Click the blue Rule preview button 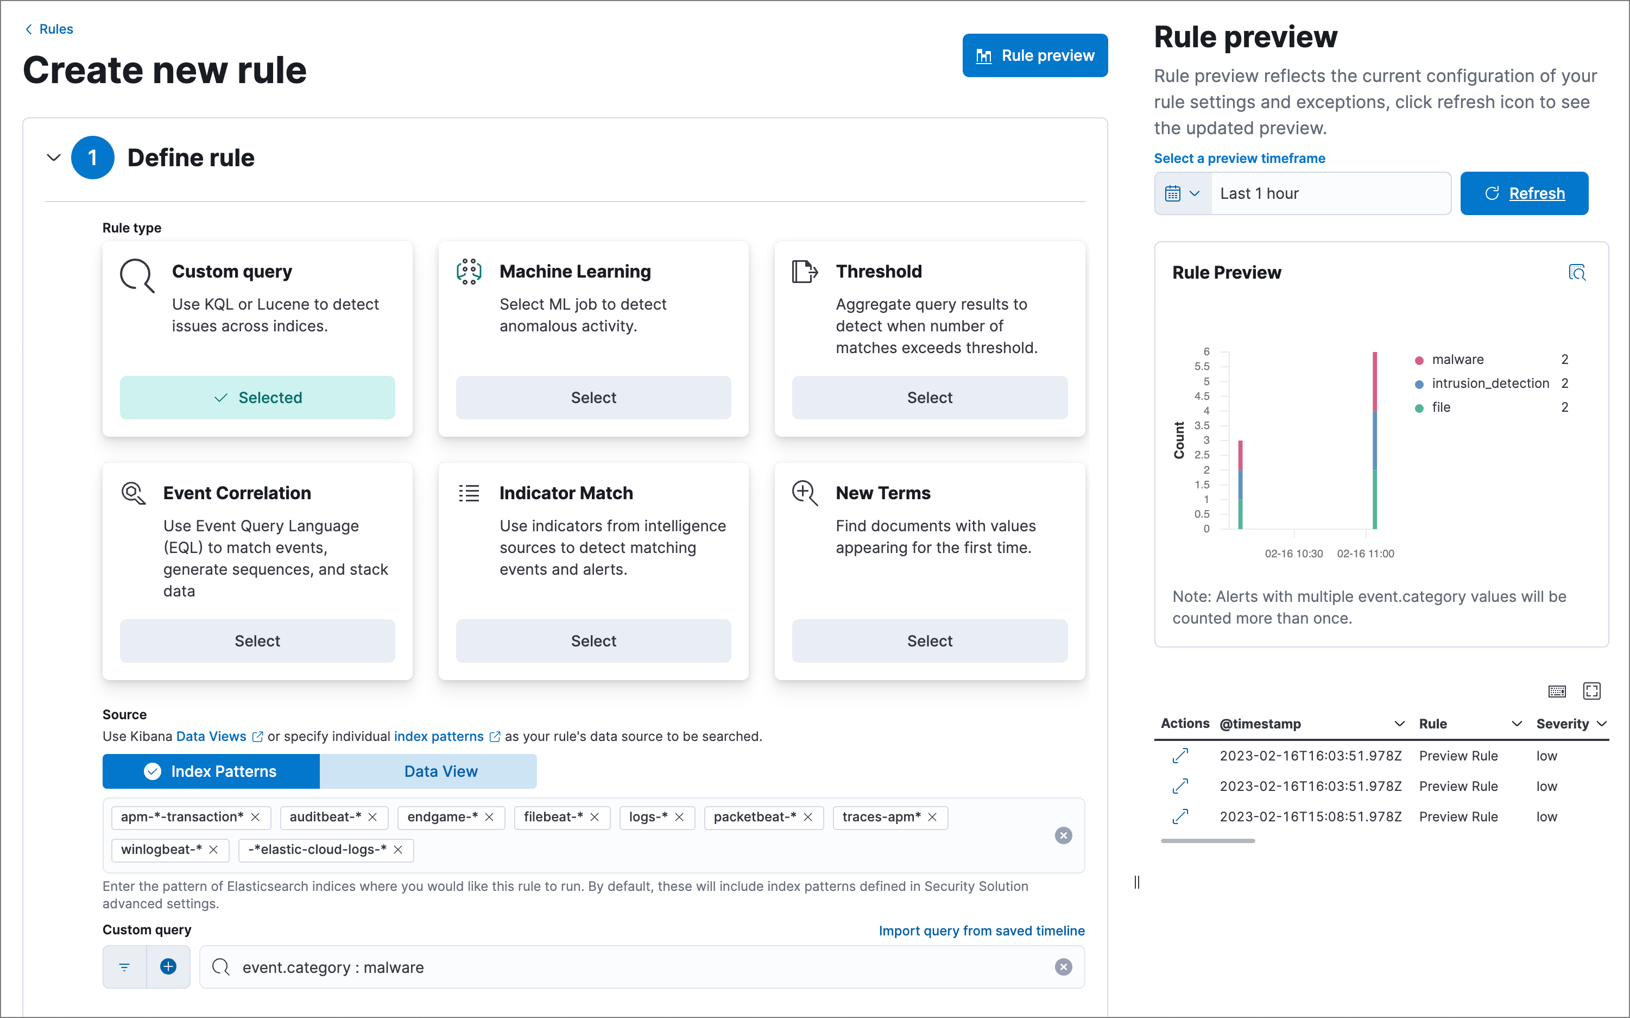(1034, 55)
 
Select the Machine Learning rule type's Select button (593, 397)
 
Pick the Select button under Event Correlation (257, 640)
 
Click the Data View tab (441, 771)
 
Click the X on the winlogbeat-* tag (213, 850)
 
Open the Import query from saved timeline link (981, 931)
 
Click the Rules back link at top (55, 29)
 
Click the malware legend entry (1457, 360)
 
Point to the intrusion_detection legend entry (1489, 383)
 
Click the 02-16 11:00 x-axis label (1365, 554)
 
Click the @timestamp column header (1260, 724)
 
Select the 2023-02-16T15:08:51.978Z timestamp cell (1310, 816)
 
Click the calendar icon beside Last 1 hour (1173, 193)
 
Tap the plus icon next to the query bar (168, 967)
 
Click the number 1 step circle (92, 158)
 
